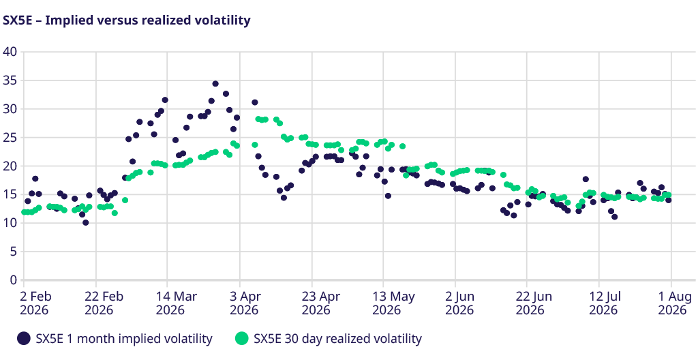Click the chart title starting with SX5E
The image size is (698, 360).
coord(127,20)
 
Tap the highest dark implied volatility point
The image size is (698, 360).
coord(215,84)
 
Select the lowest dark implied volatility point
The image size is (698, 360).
coord(85,222)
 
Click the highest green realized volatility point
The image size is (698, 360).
coord(258,119)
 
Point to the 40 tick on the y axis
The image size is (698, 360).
coord(10,52)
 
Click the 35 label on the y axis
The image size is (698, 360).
coord(10,80)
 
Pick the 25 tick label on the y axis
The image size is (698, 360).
coord(10,138)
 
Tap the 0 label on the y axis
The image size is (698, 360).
coord(14,280)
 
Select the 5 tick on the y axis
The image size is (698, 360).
coord(14,252)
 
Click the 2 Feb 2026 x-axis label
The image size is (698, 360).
coord(35,303)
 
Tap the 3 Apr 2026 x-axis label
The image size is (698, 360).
coord(244,303)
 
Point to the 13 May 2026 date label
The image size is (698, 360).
coord(393,303)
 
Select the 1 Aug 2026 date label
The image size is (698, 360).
coord(673,303)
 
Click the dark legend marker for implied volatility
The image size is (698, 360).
coord(23,339)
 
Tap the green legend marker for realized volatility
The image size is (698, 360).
coord(241,339)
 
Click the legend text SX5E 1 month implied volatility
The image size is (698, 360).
coord(124,339)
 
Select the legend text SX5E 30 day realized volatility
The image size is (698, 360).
coord(337,339)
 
